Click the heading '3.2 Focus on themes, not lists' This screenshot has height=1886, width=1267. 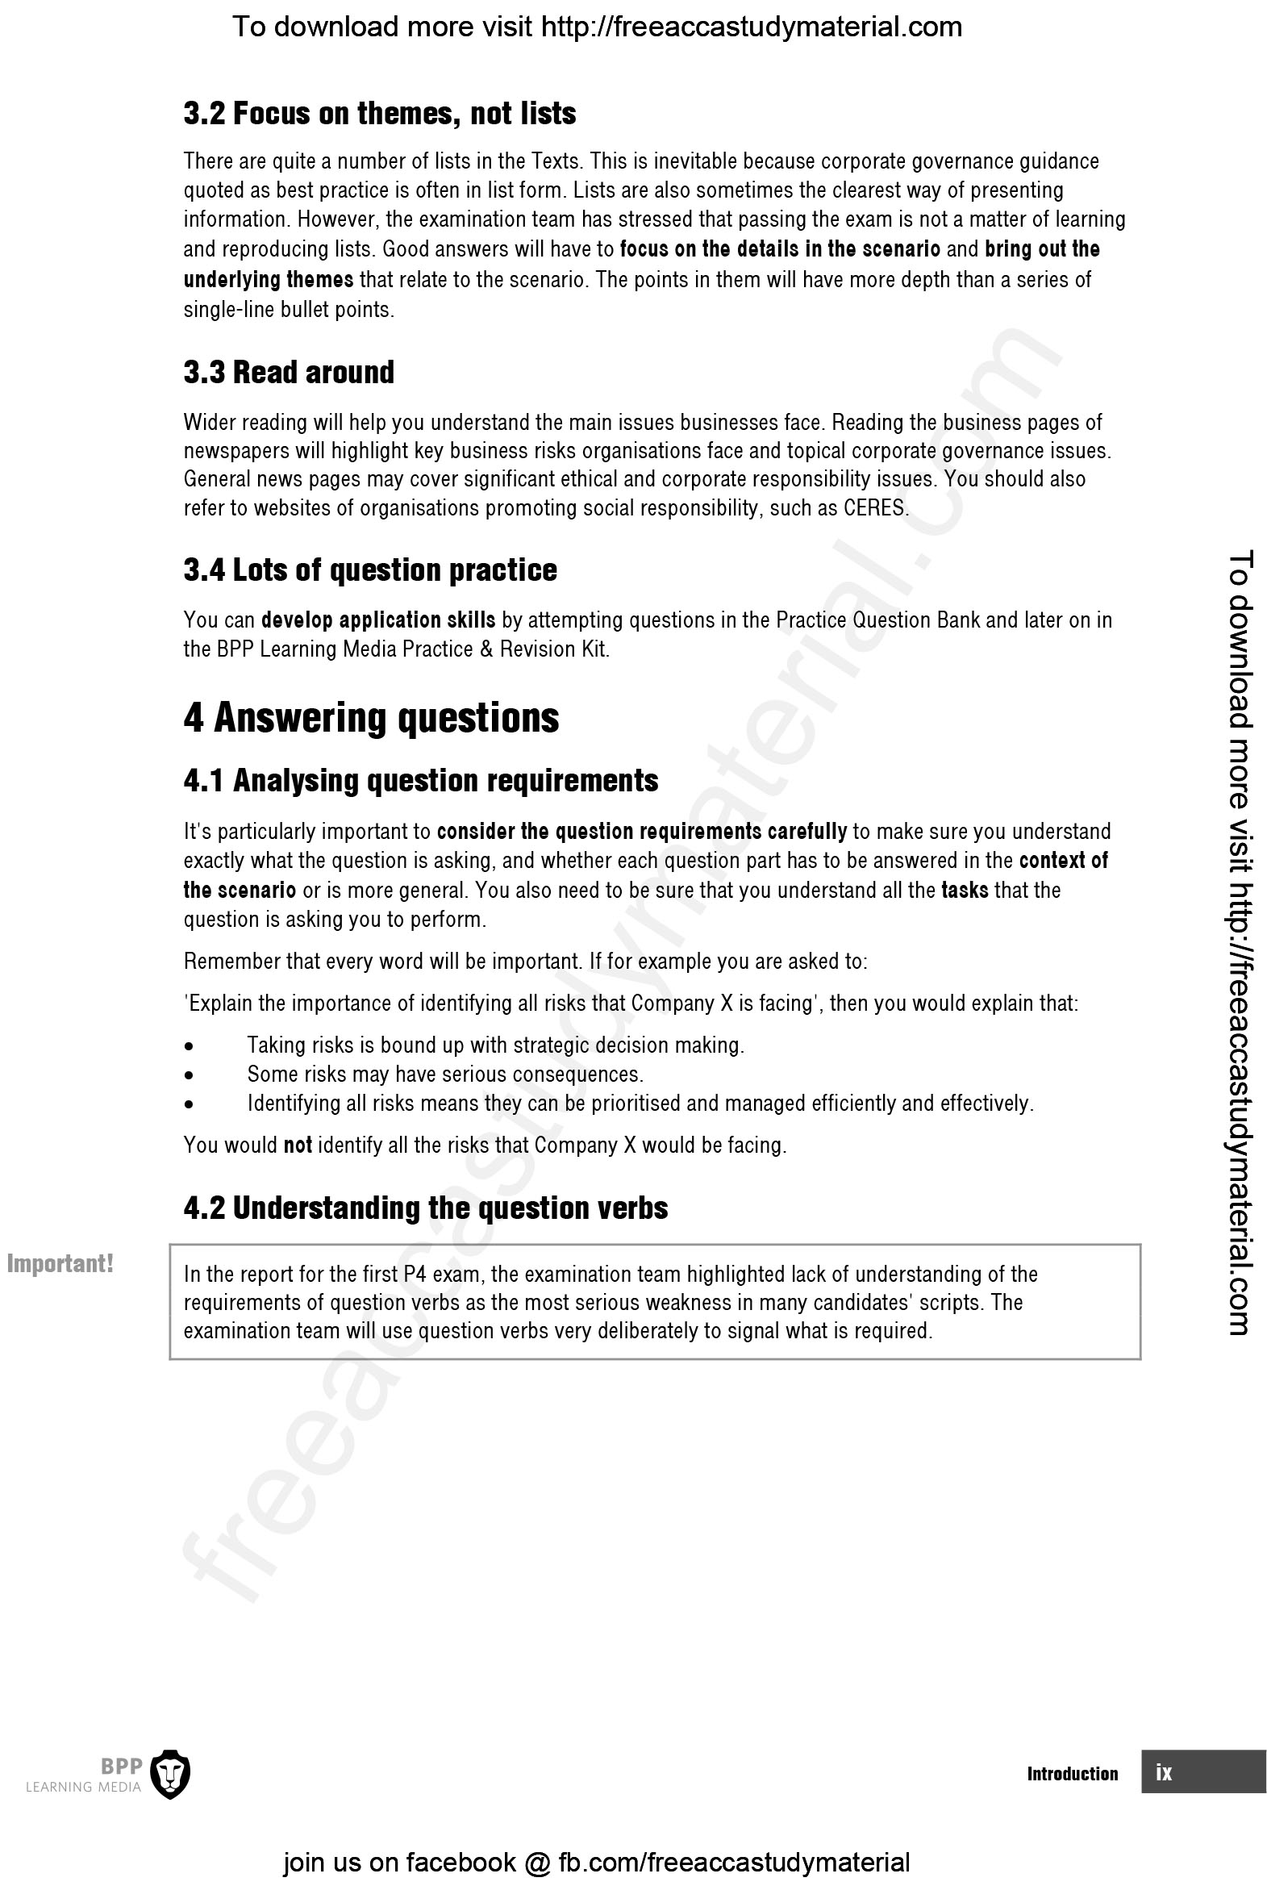380,114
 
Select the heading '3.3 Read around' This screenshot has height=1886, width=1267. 289,373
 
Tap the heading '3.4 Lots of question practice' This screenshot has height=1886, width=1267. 370,570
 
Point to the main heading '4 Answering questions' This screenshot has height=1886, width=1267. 371,718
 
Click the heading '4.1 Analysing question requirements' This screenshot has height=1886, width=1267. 420,781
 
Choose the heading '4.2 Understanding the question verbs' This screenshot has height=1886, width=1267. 426,1208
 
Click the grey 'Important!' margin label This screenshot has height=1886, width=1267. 60,1264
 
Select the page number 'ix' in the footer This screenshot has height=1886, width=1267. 1164,1772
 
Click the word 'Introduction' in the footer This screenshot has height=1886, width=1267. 1073,1774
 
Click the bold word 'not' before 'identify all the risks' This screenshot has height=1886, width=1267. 298,1145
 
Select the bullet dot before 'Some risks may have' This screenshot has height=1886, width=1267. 189,1075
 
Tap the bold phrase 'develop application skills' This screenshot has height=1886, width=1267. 378,620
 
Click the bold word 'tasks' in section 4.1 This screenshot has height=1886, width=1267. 965,891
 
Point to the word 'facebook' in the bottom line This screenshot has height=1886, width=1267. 461,1863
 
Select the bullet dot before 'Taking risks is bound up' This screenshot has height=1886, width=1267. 189,1046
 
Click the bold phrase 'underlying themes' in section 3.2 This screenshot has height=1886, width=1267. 269,281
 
